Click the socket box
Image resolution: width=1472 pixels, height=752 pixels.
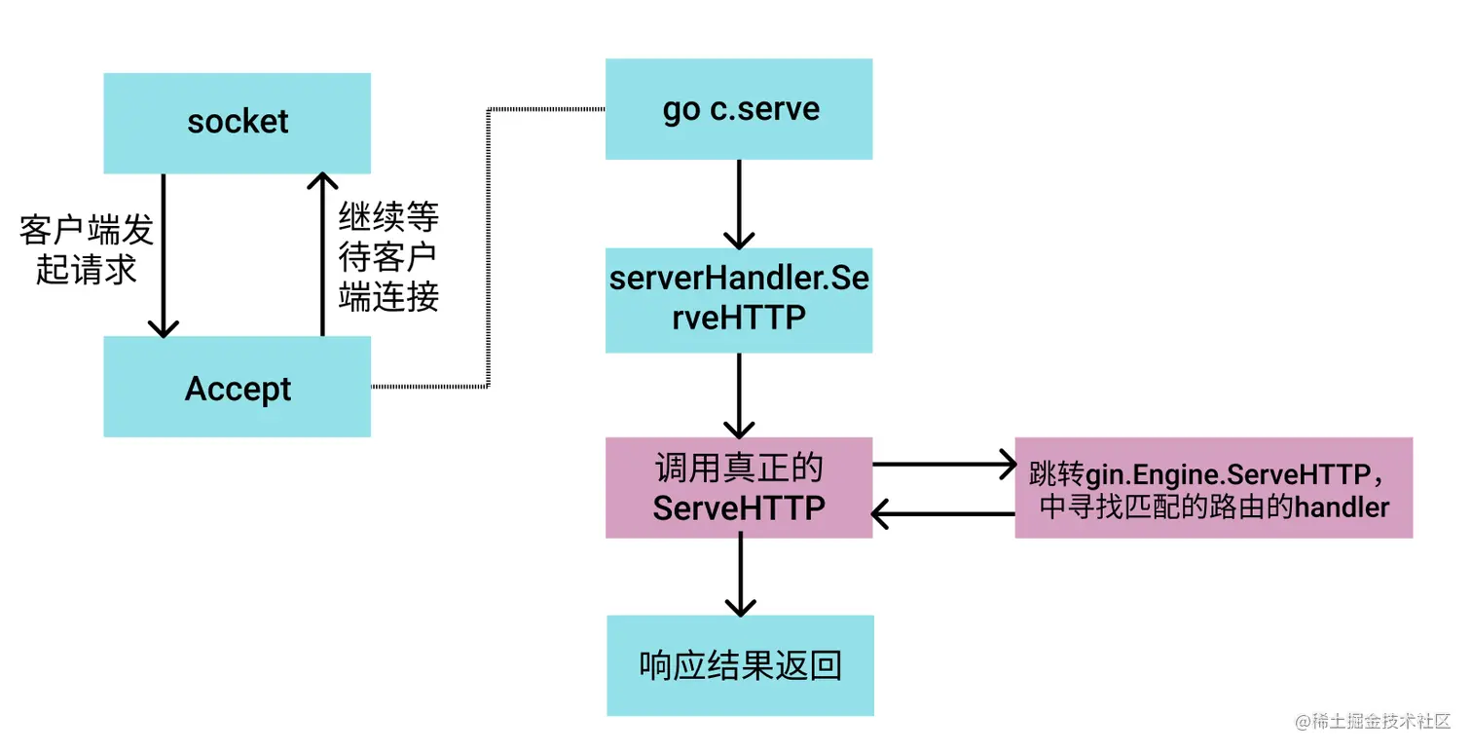coord(237,123)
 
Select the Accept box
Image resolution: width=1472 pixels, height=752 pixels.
coord(237,387)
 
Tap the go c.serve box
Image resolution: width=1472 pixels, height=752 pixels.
coord(739,109)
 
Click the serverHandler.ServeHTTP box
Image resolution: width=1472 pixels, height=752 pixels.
coord(739,299)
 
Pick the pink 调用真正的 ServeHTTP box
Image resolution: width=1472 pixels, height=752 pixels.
coord(739,487)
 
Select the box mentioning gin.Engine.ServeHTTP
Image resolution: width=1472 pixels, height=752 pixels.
coord(1213,487)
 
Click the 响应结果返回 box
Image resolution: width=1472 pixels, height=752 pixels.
coord(740,665)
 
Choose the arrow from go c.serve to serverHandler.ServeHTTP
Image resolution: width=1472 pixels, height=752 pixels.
coord(739,204)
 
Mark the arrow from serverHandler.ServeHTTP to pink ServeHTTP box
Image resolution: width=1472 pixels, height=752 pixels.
coord(739,395)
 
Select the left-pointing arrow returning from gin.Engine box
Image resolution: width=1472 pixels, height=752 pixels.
coord(942,512)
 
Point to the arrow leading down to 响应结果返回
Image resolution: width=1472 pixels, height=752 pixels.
coord(740,576)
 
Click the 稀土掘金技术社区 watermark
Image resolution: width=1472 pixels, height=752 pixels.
coord(1372,722)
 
